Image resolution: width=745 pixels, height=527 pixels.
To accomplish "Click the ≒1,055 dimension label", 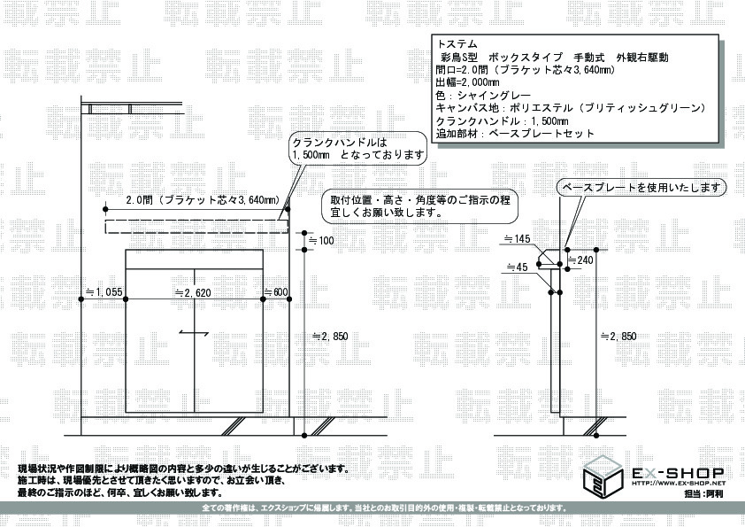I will [103, 291].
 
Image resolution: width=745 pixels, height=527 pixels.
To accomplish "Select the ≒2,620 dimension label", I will [193, 291].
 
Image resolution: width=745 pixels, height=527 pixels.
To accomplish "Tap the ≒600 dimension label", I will [276, 291].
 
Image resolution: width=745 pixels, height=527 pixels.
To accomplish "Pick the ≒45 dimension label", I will [518, 266].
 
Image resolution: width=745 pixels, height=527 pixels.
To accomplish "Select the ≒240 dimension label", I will [580, 260].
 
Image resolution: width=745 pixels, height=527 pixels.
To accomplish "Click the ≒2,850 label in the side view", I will [618, 336].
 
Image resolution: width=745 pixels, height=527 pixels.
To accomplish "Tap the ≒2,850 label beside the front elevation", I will [330, 336].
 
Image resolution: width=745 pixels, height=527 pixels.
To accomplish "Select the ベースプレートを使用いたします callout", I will [641, 188].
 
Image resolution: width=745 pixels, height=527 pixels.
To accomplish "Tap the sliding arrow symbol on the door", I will [193, 332].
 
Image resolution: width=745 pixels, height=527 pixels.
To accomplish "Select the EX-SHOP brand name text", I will [677, 472].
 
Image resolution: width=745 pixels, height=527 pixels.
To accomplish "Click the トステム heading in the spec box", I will [457, 43].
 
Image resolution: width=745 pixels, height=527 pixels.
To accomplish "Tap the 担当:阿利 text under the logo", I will [704, 493].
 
